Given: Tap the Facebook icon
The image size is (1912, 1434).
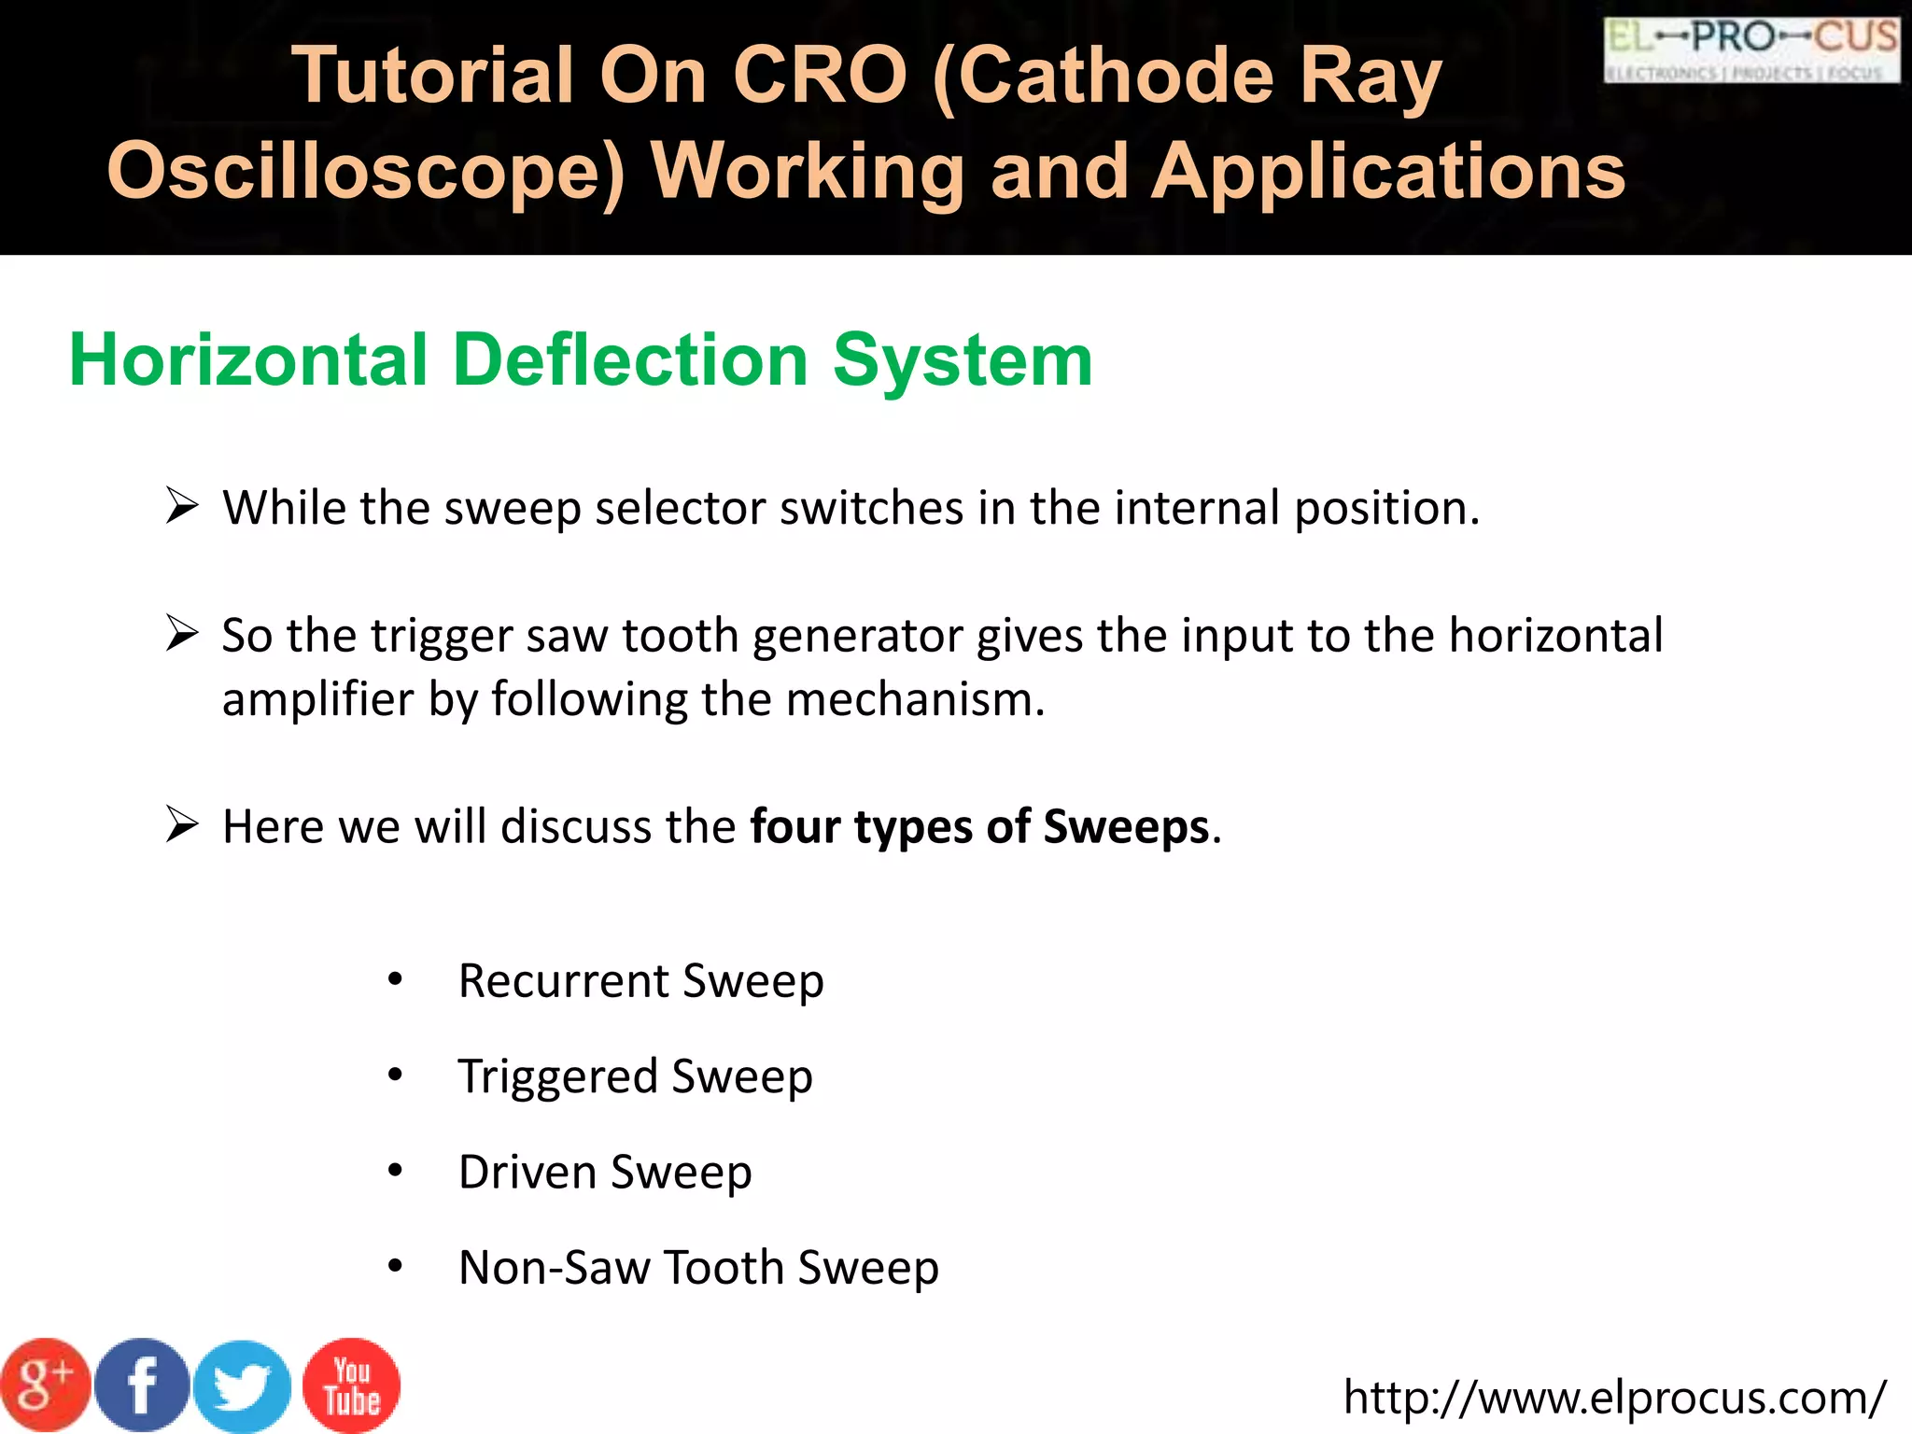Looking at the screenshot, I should pos(142,1385).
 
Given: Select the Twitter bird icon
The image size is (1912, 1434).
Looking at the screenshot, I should pos(243,1387).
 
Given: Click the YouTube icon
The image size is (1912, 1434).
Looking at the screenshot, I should pos(352,1385).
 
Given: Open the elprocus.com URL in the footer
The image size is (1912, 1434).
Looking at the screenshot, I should pos(1614,1398).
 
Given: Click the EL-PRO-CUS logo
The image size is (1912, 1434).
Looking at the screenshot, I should pos(1751,49).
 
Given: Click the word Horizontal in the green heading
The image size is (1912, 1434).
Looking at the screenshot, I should pos(248,360).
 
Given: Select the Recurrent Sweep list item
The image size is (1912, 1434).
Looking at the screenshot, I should pos(640,981).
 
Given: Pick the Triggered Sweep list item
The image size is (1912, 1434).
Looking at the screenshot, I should pos(635,1077).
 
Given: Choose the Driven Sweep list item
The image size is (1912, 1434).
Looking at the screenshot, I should pos(605,1173).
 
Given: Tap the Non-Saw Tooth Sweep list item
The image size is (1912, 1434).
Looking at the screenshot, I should pos(698,1268).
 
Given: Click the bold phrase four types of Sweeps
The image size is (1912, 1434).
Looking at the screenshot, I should pos(979,827).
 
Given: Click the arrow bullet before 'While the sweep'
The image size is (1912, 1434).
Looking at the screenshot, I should pos(182,507).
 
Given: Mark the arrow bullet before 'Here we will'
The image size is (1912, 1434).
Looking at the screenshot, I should pos(182,825).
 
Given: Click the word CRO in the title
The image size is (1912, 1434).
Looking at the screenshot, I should pos(819,77).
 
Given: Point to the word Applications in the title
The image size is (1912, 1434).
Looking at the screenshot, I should pos(1388,172).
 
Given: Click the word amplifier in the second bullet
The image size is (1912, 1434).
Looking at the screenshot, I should pos(317,699).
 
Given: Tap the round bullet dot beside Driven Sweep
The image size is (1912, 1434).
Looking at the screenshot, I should pos(396,1171).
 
